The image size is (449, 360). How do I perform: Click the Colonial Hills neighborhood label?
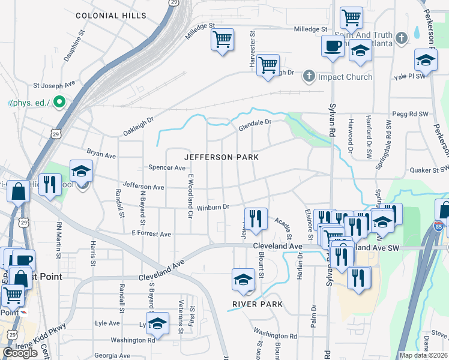coord(111,14)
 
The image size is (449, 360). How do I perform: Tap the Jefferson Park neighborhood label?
coord(221,157)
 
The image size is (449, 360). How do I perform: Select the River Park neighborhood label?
coord(257,305)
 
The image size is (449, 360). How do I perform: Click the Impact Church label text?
coord(345,77)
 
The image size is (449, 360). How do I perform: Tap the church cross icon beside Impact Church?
coord(309,76)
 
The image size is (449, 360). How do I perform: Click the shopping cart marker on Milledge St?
coord(222,41)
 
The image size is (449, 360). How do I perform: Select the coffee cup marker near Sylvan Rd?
coord(332,46)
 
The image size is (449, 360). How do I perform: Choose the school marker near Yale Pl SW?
coord(425,60)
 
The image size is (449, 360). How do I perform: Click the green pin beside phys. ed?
coord(59,103)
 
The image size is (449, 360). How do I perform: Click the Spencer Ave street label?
coord(166,168)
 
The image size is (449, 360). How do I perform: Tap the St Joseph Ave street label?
coord(53,86)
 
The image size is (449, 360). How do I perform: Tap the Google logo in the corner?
coord(20,352)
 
